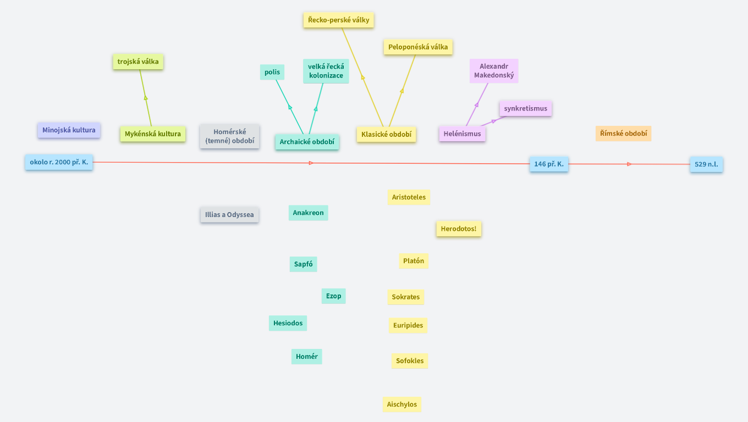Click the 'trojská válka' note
(x=138, y=62)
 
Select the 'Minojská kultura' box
(x=69, y=130)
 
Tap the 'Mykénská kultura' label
(x=153, y=134)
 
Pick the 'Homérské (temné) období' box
(x=229, y=136)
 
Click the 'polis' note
(x=272, y=72)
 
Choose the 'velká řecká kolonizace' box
(x=326, y=71)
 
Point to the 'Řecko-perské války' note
(x=339, y=20)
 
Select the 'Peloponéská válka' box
(x=418, y=47)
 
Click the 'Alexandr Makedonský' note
(x=494, y=71)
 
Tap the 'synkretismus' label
(x=526, y=108)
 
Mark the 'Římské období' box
(x=623, y=134)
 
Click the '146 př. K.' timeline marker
(x=549, y=164)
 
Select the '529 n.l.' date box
(x=706, y=164)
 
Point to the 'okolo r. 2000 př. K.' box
(x=59, y=162)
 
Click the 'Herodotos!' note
(x=459, y=229)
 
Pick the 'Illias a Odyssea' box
(x=229, y=215)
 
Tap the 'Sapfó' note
(x=303, y=264)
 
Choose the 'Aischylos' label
(x=402, y=404)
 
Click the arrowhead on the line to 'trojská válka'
(x=146, y=98)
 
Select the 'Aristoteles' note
(x=409, y=197)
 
